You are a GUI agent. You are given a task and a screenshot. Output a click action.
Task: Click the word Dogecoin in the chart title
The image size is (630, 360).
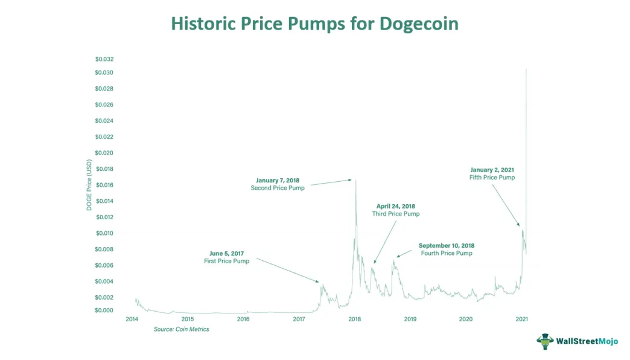coord(419,24)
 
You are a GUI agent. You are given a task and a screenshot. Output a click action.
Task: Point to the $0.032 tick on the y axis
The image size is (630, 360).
coord(104,59)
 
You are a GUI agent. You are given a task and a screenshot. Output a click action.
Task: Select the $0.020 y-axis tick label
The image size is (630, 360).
coord(104,153)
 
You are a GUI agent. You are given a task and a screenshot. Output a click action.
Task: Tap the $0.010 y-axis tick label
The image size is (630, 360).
coord(104,233)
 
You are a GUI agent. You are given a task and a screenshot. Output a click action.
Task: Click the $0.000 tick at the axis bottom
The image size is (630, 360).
coord(104,310)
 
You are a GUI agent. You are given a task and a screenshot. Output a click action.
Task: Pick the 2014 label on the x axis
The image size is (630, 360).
coord(132,319)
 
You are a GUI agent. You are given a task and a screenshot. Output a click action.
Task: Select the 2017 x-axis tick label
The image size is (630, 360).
coord(299,319)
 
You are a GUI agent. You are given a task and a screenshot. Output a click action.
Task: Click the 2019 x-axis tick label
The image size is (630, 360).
coord(410,319)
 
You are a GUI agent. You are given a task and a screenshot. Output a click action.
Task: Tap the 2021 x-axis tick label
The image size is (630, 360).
coord(521,319)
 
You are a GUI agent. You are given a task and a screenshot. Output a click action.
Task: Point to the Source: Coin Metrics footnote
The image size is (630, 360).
coord(181,329)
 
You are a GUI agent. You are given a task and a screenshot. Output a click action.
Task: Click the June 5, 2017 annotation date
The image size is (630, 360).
coord(226,253)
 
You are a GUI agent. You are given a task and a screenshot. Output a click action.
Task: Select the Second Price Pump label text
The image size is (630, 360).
coord(278,188)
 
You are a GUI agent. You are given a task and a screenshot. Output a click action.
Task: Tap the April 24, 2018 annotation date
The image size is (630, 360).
coord(395,206)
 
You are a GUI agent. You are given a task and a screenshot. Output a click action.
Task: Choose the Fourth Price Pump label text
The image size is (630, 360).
coord(447,254)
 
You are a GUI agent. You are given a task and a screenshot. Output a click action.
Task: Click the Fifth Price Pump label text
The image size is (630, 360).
coord(492,178)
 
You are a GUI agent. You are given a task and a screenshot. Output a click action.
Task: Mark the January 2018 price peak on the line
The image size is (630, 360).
coord(355,179)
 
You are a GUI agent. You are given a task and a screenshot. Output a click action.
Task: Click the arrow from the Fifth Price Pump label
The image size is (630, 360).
coord(506,205)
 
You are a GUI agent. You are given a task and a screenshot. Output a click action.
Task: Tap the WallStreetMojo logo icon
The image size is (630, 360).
coord(546,341)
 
